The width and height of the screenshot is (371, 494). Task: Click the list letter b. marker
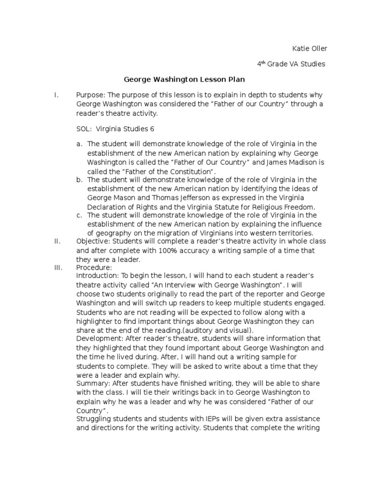coord(80,179)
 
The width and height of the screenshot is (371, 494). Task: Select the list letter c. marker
coord(80,215)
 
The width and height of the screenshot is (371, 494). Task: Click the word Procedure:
coord(94,267)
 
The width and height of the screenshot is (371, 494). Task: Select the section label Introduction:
coord(98,275)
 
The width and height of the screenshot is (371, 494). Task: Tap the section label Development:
coord(99,338)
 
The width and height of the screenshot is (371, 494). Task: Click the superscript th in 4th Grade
coord(263,61)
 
